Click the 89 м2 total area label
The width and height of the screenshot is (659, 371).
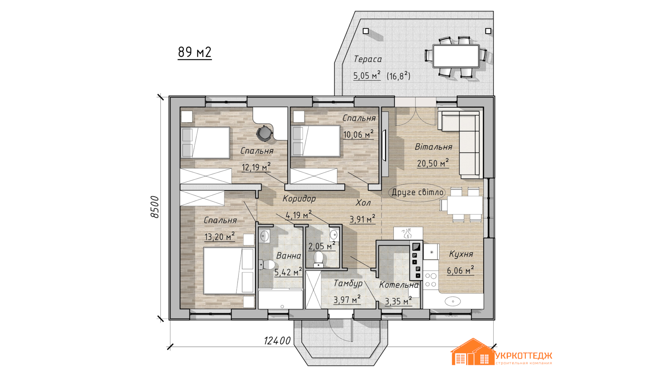point(195,52)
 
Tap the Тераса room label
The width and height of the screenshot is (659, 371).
point(368,59)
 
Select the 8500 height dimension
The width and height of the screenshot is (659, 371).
point(155,207)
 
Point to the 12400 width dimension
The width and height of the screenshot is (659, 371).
point(277,340)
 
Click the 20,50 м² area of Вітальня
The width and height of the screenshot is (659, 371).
point(433,163)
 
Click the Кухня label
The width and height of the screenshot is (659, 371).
point(461,254)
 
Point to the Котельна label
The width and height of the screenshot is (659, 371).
point(399,285)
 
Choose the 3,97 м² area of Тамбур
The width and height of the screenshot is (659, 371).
point(347,300)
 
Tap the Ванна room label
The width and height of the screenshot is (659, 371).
point(288,256)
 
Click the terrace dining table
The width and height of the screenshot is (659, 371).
point(456,56)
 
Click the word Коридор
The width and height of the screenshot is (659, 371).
point(299,199)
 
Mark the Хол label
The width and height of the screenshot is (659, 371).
point(363,203)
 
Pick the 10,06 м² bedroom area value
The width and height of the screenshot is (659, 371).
point(358,134)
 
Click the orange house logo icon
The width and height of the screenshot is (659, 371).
point(473,351)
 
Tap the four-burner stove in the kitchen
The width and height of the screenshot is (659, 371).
point(431,280)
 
